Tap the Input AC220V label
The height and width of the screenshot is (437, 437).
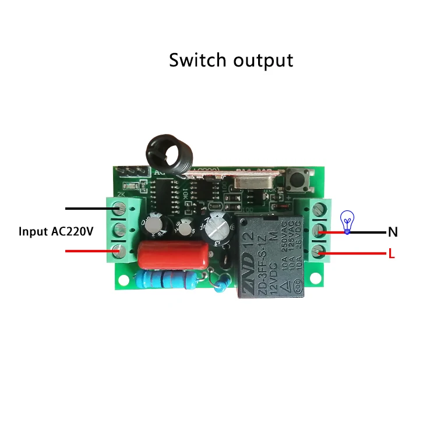(56, 231)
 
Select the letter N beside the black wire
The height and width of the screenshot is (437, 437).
(393, 232)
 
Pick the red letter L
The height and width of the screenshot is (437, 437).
(392, 253)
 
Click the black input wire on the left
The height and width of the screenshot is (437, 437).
(87, 208)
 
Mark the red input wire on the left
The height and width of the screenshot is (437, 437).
(87, 251)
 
